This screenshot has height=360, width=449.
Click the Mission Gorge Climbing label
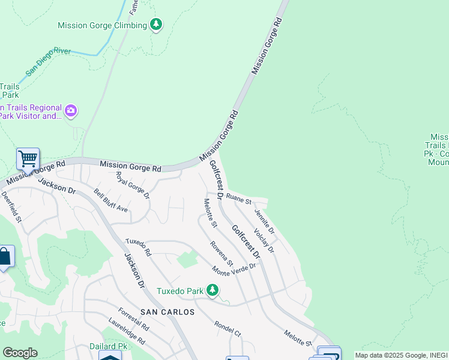102,25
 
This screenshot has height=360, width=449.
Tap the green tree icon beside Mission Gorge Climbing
156,25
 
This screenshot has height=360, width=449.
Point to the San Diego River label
48,62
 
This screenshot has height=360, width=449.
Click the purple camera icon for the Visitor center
71,110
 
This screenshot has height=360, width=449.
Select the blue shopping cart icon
28,160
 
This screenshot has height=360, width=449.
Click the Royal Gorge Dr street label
133,185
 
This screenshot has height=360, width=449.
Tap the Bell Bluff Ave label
111,200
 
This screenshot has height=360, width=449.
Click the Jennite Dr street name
264,221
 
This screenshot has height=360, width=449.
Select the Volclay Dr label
264,240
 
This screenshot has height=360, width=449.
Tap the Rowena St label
221,253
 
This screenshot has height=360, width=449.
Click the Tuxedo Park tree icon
212,290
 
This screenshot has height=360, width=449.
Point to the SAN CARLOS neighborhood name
167,312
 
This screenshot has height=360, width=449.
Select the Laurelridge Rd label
127,332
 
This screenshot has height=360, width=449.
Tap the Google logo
20,353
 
